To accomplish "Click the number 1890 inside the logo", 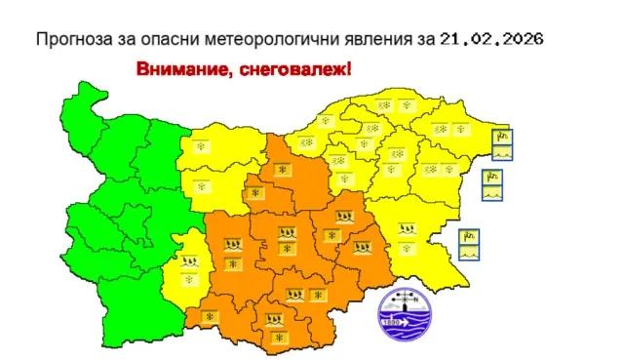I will (390, 321).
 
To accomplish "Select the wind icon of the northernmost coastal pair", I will (502, 137).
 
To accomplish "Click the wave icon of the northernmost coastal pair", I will (502, 153).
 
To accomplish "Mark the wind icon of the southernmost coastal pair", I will (470, 235).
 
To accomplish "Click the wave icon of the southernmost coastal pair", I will (470, 252).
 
